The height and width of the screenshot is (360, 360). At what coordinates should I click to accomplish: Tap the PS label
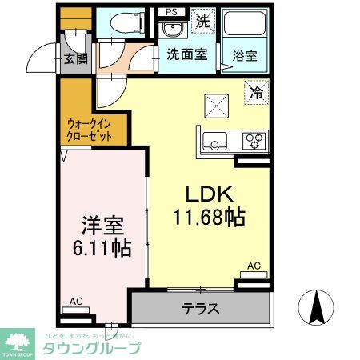(170, 11)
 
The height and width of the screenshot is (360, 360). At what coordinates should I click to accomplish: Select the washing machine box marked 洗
(203, 22)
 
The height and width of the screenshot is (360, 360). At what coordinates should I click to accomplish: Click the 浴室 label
(246, 56)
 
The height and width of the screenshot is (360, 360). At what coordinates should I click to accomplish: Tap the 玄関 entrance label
(76, 58)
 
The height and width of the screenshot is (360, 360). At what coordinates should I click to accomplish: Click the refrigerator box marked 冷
(255, 94)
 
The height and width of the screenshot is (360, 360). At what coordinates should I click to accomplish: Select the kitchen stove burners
(254, 142)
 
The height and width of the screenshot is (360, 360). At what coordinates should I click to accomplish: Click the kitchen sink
(214, 142)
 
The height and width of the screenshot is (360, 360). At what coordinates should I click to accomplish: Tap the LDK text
(210, 194)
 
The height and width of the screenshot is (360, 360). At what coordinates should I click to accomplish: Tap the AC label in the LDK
(254, 265)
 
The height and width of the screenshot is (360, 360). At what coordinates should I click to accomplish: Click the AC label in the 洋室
(77, 301)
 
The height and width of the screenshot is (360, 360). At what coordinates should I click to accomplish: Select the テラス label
(201, 309)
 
